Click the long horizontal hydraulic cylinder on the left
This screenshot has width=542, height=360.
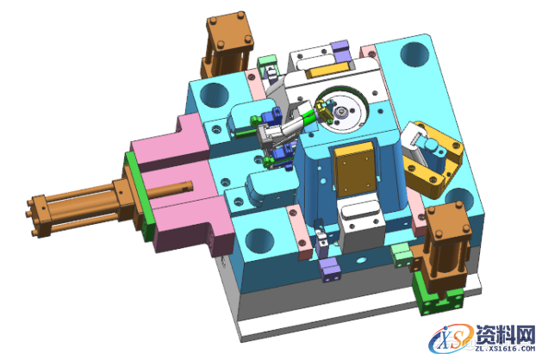point(79,208)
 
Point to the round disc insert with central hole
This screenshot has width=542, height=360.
point(342,110)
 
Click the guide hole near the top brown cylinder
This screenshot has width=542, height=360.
point(215,95)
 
